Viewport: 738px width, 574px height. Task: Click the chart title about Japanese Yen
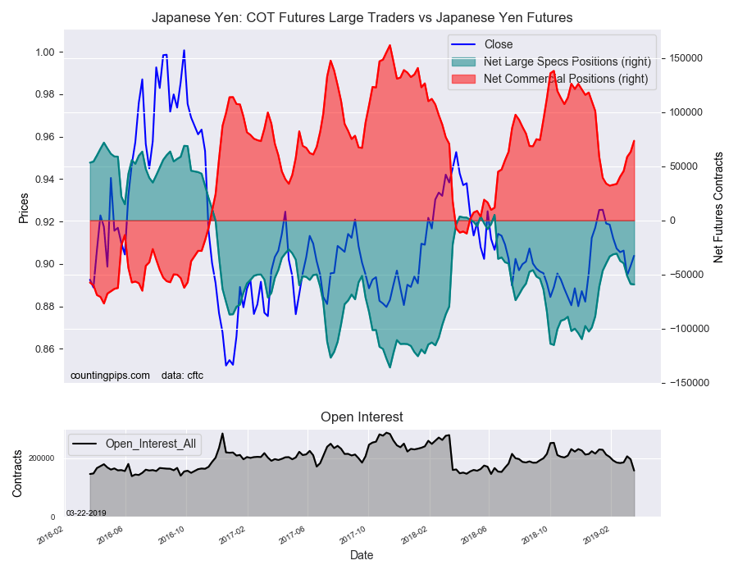(x=362, y=17)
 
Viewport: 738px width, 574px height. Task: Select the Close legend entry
(x=498, y=44)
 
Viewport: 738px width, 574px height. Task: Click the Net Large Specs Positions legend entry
(x=567, y=61)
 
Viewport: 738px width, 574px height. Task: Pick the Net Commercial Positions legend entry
(x=565, y=79)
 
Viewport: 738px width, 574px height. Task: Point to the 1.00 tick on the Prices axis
(x=43, y=52)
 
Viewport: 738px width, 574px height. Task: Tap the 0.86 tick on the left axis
(x=43, y=349)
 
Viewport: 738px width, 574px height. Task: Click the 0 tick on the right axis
(x=667, y=221)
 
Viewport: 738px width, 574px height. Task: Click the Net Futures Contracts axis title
(x=718, y=207)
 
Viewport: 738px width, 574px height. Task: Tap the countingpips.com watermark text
(x=110, y=376)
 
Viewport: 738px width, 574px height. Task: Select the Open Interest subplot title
(x=362, y=417)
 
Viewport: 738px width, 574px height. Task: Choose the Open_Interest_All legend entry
(x=150, y=444)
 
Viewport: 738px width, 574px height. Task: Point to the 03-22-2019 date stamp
(x=86, y=513)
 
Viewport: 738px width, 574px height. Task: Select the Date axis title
(x=362, y=555)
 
